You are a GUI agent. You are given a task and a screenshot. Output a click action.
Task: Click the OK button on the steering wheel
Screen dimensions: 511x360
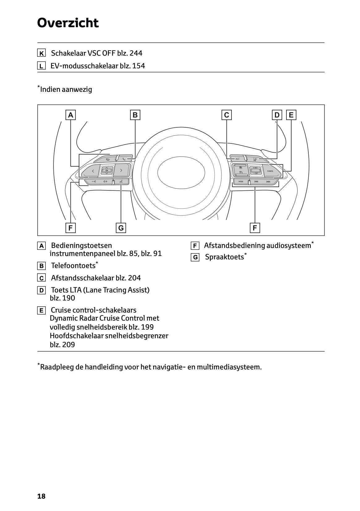(x=107, y=170)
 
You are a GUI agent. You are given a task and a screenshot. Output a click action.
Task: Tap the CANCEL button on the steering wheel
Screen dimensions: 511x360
(x=270, y=171)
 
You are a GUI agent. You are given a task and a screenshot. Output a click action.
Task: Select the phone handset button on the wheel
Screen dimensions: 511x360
(x=124, y=159)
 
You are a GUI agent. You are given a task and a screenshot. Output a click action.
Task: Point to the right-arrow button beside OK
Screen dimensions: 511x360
(x=121, y=170)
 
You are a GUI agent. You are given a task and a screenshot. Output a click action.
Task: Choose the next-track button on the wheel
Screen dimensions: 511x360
(x=268, y=182)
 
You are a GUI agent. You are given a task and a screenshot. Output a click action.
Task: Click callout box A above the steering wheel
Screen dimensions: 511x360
(x=71, y=115)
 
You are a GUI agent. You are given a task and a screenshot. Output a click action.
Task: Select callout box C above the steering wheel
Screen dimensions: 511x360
(x=227, y=115)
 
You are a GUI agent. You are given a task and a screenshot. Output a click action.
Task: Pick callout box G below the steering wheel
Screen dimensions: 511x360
(x=121, y=228)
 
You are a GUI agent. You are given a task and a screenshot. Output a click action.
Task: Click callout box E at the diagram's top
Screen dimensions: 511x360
(x=291, y=115)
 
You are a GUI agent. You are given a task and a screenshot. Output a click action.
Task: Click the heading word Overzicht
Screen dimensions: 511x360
(x=68, y=23)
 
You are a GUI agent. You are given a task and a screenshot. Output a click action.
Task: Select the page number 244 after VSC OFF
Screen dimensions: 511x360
(x=136, y=53)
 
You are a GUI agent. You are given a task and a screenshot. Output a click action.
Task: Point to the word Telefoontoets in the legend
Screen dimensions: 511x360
(x=73, y=266)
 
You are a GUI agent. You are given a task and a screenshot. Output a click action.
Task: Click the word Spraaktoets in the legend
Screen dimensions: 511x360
(x=224, y=257)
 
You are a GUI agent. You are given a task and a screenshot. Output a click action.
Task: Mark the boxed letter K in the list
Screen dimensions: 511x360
(x=41, y=53)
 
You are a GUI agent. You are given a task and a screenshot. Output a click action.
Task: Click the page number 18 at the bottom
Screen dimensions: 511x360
(x=41, y=496)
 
